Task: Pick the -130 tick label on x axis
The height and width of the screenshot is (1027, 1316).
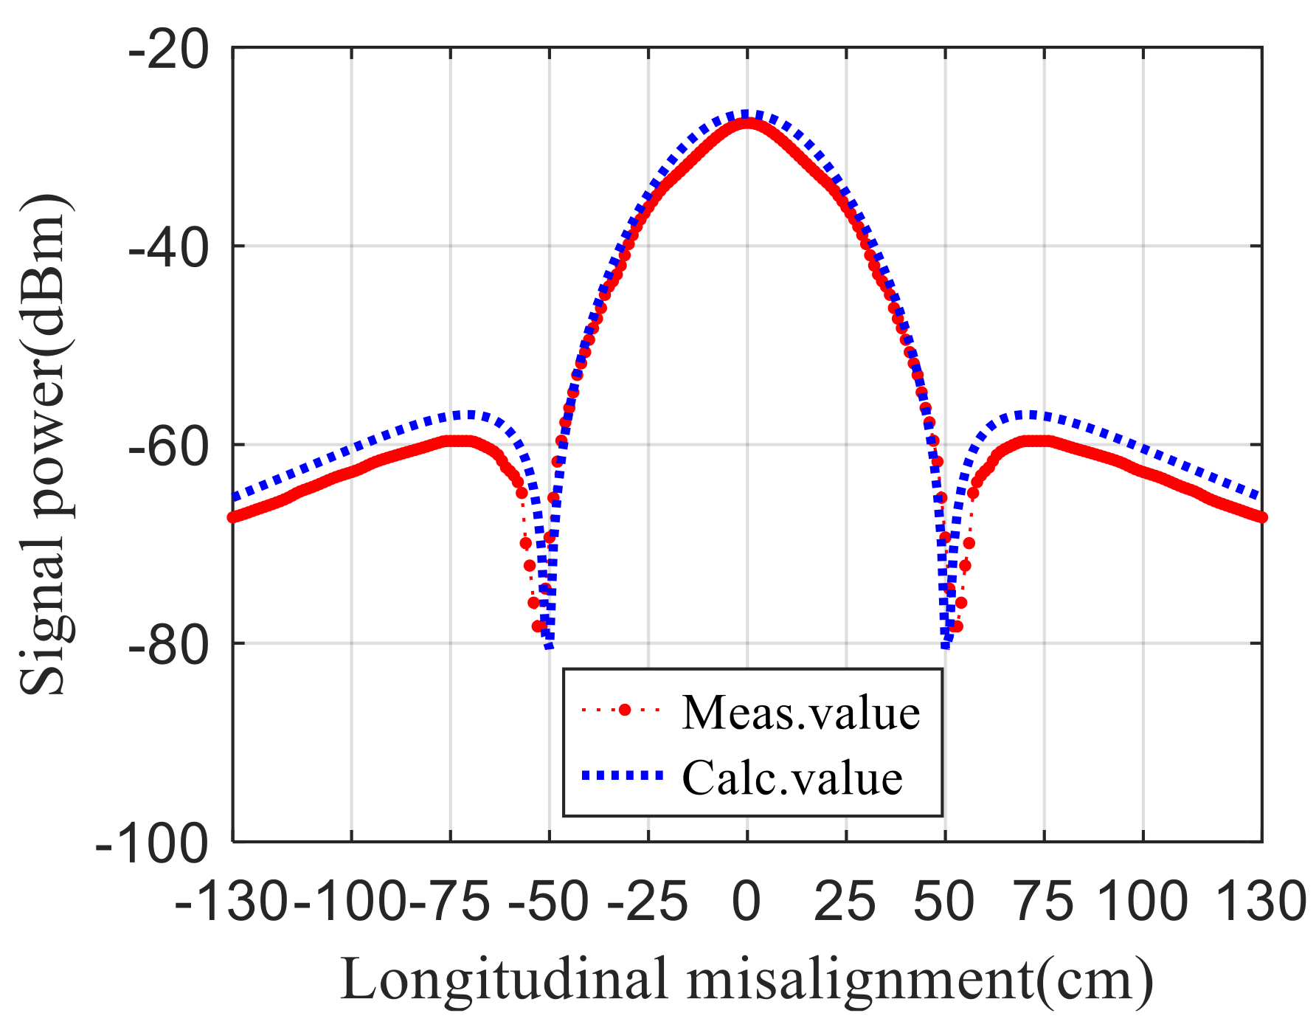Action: pyautogui.click(x=231, y=902)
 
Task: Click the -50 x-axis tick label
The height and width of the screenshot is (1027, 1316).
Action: pyautogui.click(x=548, y=902)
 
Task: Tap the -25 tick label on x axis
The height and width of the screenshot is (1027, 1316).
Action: pyautogui.click(x=647, y=902)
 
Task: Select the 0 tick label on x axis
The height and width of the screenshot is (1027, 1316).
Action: pyautogui.click(x=747, y=902)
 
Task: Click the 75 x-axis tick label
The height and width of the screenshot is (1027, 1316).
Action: pyautogui.click(x=1044, y=902)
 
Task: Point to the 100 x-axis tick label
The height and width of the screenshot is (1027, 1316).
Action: pyautogui.click(x=1142, y=902)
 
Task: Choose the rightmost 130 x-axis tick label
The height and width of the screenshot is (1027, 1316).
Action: pyautogui.click(x=1260, y=902)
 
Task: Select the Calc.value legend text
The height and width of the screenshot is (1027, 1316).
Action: pyautogui.click(x=792, y=777)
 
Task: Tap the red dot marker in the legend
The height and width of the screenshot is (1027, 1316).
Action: pyautogui.click(x=625, y=710)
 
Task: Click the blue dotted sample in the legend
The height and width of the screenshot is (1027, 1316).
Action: pyautogui.click(x=622, y=775)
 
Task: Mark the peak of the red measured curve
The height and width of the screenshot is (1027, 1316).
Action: pyautogui.click(x=747, y=123)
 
